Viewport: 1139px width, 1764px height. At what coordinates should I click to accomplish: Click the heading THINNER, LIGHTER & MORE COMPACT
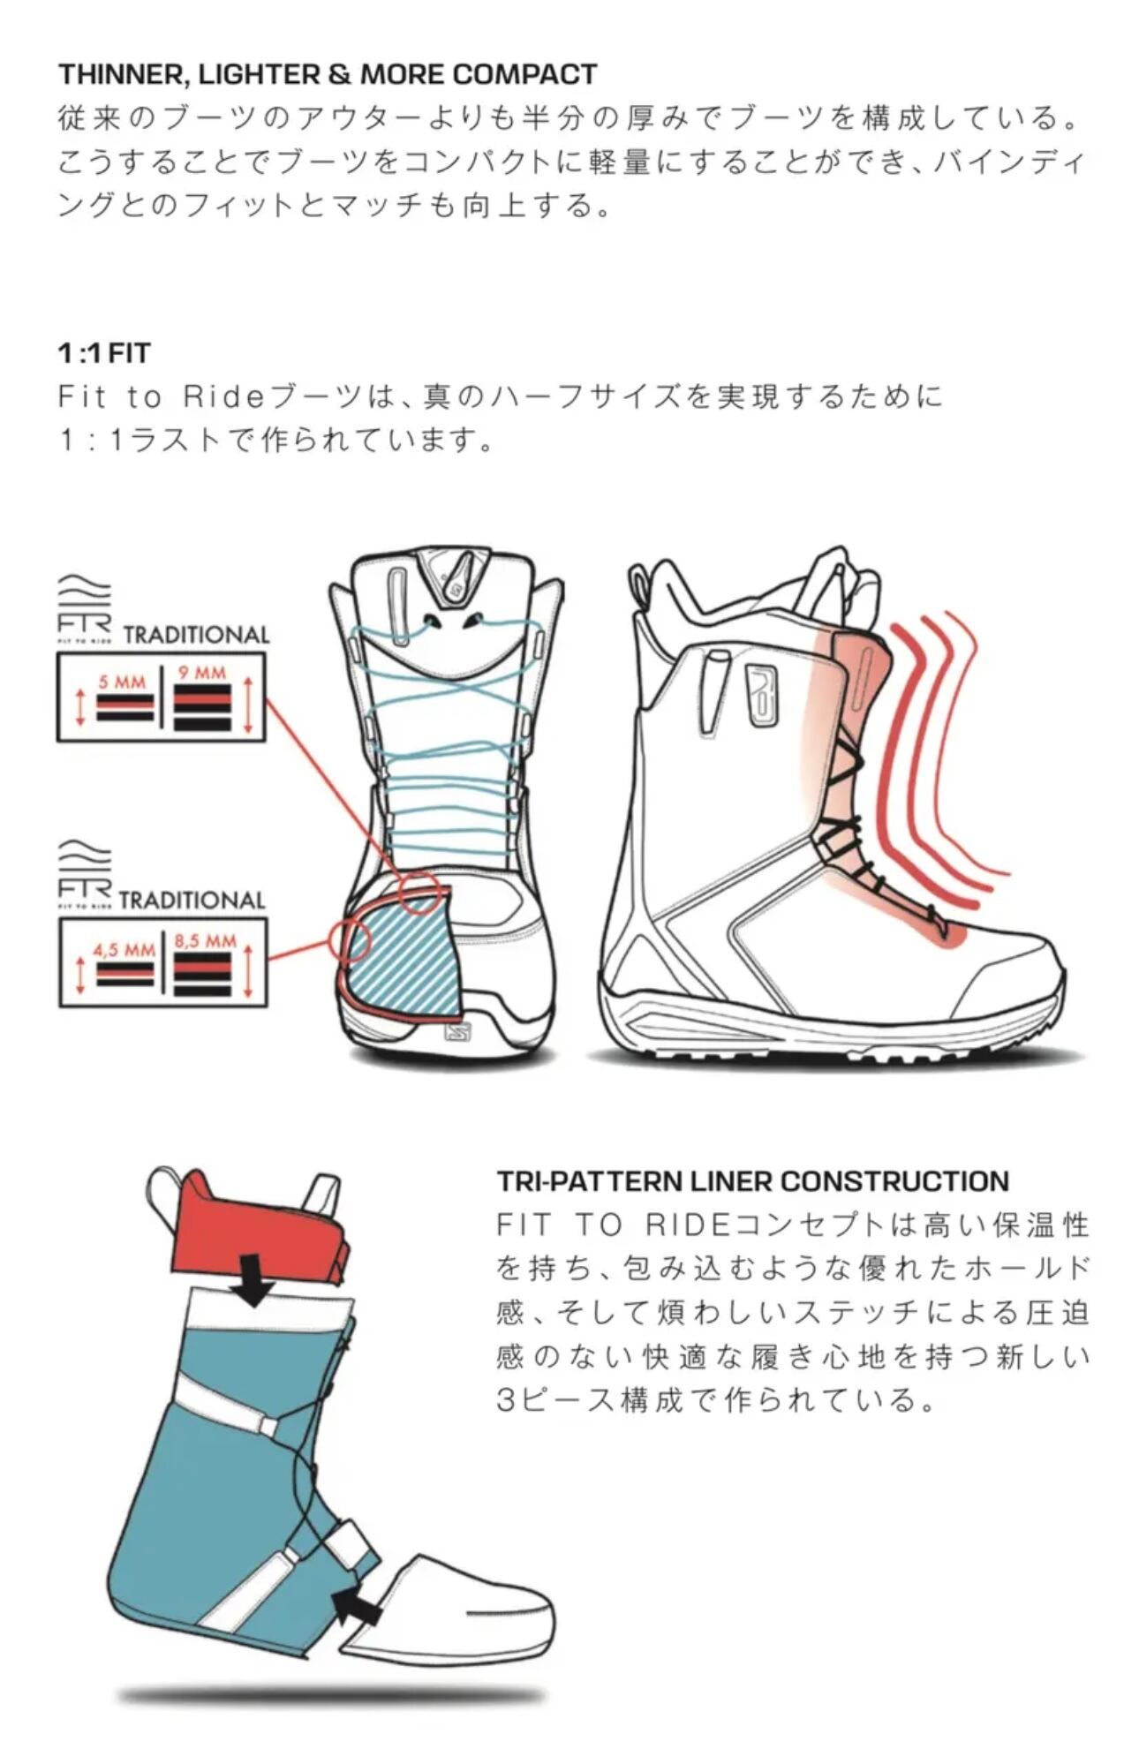[328, 74]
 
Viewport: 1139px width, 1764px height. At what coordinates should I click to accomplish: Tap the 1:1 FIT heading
[104, 353]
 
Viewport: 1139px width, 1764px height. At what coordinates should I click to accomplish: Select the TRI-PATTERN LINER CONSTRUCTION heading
[753, 1181]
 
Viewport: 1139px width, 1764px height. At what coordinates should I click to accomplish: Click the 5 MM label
[123, 682]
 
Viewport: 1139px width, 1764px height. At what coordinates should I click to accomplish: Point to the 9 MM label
[202, 673]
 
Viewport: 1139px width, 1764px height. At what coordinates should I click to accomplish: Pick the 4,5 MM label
[124, 951]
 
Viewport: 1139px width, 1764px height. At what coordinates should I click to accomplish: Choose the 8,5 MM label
[206, 941]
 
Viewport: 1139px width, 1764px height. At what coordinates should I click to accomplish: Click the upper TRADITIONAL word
[196, 635]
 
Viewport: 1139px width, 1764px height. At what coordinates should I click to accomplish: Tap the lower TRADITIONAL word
[192, 900]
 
